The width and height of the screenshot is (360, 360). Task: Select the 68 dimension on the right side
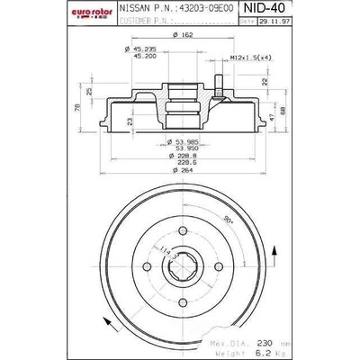coord(283,112)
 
